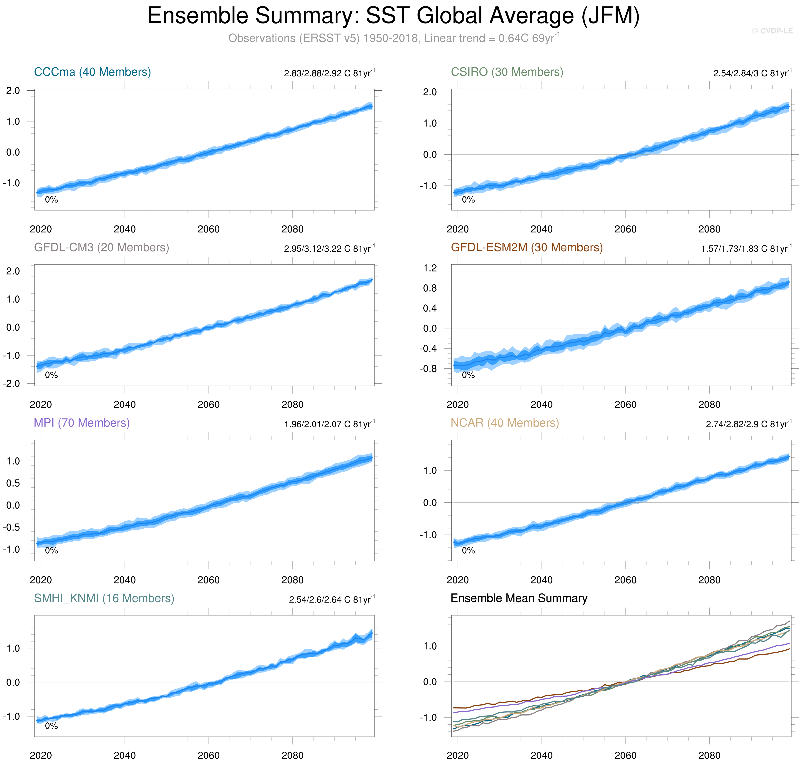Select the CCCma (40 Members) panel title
pos(92,72)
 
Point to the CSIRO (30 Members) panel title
pos(507,72)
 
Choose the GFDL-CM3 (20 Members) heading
pos(101,248)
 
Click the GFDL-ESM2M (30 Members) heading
pos(526,248)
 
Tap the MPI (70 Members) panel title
pos(82,423)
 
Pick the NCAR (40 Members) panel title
pos(504,423)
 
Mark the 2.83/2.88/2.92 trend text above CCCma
pos(329,73)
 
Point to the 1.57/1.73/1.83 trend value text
pos(746,249)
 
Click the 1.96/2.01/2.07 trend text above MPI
pos(329,424)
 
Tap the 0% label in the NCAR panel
pos(468,550)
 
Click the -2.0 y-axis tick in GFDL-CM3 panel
pos(12,384)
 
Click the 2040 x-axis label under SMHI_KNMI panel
pos(124,755)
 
